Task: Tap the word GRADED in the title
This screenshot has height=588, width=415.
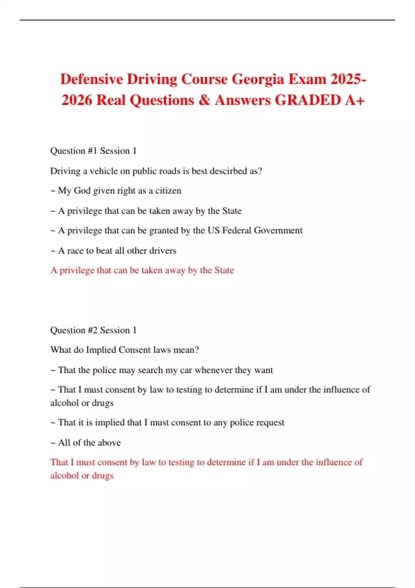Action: (x=307, y=100)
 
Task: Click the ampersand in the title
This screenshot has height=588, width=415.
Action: (x=204, y=100)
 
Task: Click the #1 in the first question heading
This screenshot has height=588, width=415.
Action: (x=92, y=151)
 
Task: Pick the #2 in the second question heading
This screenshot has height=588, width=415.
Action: (x=92, y=330)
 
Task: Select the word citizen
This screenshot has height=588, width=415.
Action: (x=168, y=191)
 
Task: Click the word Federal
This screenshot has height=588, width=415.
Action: (x=237, y=230)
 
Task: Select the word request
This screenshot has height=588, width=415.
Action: (x=270, y=423)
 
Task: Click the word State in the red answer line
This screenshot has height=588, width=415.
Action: (x=224, y=270)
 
